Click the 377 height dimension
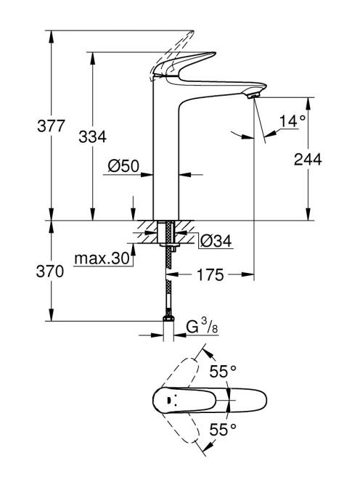pyautogui.click(x=51, y=126)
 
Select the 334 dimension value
pyautogui.click(x=92, y=136)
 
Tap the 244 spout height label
pyautogui.click(x=308, y=160)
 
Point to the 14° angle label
pyautogui.click(x=292, y=121)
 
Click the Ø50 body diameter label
pyautogui.click(x=123, y=166)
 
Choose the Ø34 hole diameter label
pyautogui.click(x=216, y=241)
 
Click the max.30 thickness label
pyautogui.click(x=102, y=259)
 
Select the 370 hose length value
pyautogui.click(x=50, y=271)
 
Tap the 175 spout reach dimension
pyautogui.click(x=210, y=274)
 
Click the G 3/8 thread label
pyautogui.click(x=202, y=327)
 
